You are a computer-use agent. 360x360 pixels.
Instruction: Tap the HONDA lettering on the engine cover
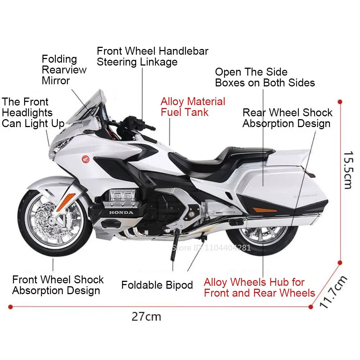[x=121, y=212]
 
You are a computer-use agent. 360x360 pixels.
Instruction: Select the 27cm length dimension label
[x=146, y=317]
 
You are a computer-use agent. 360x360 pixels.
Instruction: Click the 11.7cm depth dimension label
[x=333, y=292]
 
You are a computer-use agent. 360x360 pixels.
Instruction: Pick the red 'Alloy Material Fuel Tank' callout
[x=193, y=107]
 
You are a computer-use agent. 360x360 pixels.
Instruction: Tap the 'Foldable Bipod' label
[x=157, y=285]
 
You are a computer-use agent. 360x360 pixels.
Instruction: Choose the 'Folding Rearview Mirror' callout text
[x=64, y=69]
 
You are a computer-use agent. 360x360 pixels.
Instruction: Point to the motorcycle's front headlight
[x=58, y=148]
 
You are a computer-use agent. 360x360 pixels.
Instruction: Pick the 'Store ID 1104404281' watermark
[x=211, y=248]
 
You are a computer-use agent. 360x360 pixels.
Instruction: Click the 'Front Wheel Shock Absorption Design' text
[x=58, y=285]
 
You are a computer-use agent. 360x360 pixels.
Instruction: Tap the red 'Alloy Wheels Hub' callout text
[x=259, y=287]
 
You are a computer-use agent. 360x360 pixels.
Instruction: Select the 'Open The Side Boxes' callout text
[x=265, y=77]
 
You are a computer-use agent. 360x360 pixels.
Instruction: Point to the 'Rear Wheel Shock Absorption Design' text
[x=287, y=118]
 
